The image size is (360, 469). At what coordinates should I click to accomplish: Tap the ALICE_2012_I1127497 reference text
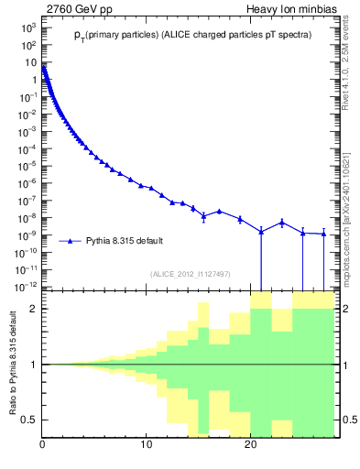189,273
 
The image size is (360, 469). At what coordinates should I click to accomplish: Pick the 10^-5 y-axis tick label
27,166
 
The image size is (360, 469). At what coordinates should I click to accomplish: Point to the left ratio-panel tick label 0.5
30,420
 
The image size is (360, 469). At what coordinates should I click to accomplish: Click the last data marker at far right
323,234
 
